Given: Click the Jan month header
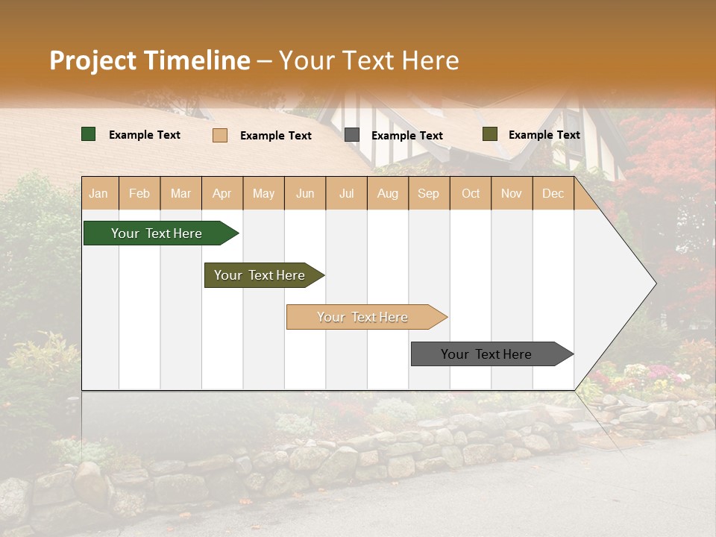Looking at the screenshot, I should (x=98, y=193).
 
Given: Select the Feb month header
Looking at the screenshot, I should (x=139, y=193).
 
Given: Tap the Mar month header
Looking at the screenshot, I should (x=180, y=193).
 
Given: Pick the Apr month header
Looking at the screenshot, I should (x=222, y=193).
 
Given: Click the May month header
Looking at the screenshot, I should (x=263, y=193).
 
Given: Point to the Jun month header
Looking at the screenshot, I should (x=305, y=193).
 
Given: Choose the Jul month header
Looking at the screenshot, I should (x=346, y=193).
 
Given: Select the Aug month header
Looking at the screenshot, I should (x=388, y=193).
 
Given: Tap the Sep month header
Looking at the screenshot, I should (x=429, y=193).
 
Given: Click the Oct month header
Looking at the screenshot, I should (x=471, y=193).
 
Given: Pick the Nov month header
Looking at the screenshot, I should (x=512, y=193).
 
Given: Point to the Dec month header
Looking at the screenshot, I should (x=553, y=193).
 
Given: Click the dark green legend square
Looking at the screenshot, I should (x=89, y=134).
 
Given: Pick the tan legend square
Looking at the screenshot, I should (x=220, y=135).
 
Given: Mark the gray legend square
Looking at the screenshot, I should (x=352, y=134).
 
